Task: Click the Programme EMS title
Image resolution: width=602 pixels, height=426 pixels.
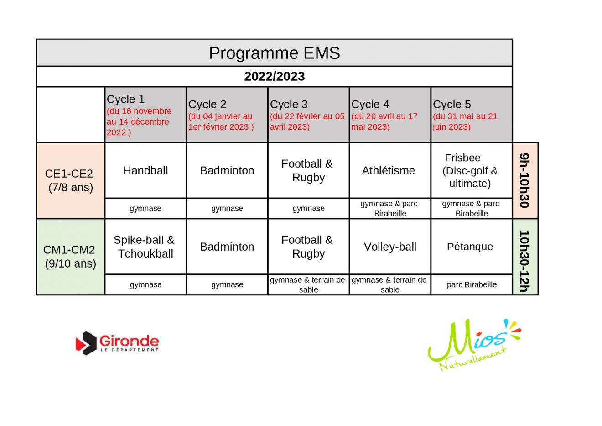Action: tap(275, 53)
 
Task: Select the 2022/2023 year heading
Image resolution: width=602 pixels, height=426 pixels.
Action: tap(275, 76)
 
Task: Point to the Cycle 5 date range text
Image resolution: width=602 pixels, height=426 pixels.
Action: tap(465, 121)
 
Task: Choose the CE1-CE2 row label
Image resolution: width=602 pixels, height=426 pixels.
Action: tap(70, 180)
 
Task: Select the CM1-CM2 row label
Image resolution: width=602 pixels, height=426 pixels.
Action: tap(70, 257)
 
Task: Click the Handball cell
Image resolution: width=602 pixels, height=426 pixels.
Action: tap(145, 171)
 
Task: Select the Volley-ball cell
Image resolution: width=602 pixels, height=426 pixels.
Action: tap(390, 247)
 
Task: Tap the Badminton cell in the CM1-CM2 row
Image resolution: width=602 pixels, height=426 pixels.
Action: tap(227, 247)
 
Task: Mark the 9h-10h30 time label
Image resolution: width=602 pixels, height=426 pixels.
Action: tap(524, 180)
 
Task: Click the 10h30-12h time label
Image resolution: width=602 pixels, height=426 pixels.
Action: tap(524, 261)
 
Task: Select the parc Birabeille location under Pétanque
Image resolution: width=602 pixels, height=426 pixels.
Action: tap(472, 285)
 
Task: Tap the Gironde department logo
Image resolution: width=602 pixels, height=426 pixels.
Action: tap(117, 343)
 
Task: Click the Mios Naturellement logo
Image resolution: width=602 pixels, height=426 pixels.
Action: tap(474, 345)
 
